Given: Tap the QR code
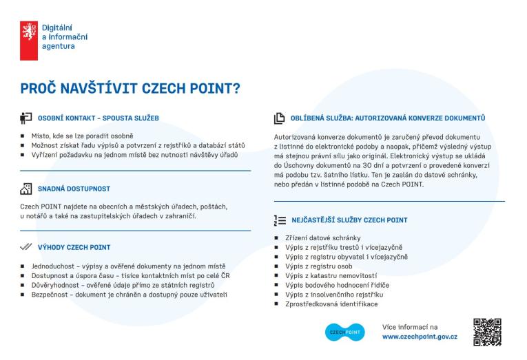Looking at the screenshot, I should pyautogui.click(x=488, y=332).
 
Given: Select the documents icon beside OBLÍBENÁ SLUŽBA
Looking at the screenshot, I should pyautogui.click(x=280, y=118).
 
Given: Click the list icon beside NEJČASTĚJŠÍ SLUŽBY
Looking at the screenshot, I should pyautogui.click(x=280, y=220).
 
